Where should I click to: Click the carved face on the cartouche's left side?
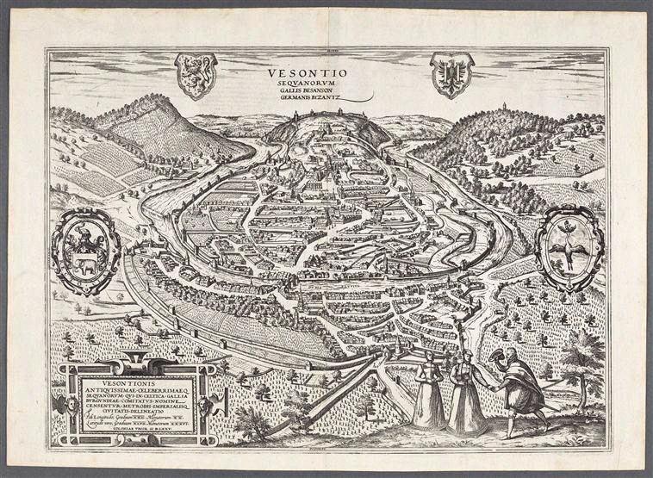click(60, 403)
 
